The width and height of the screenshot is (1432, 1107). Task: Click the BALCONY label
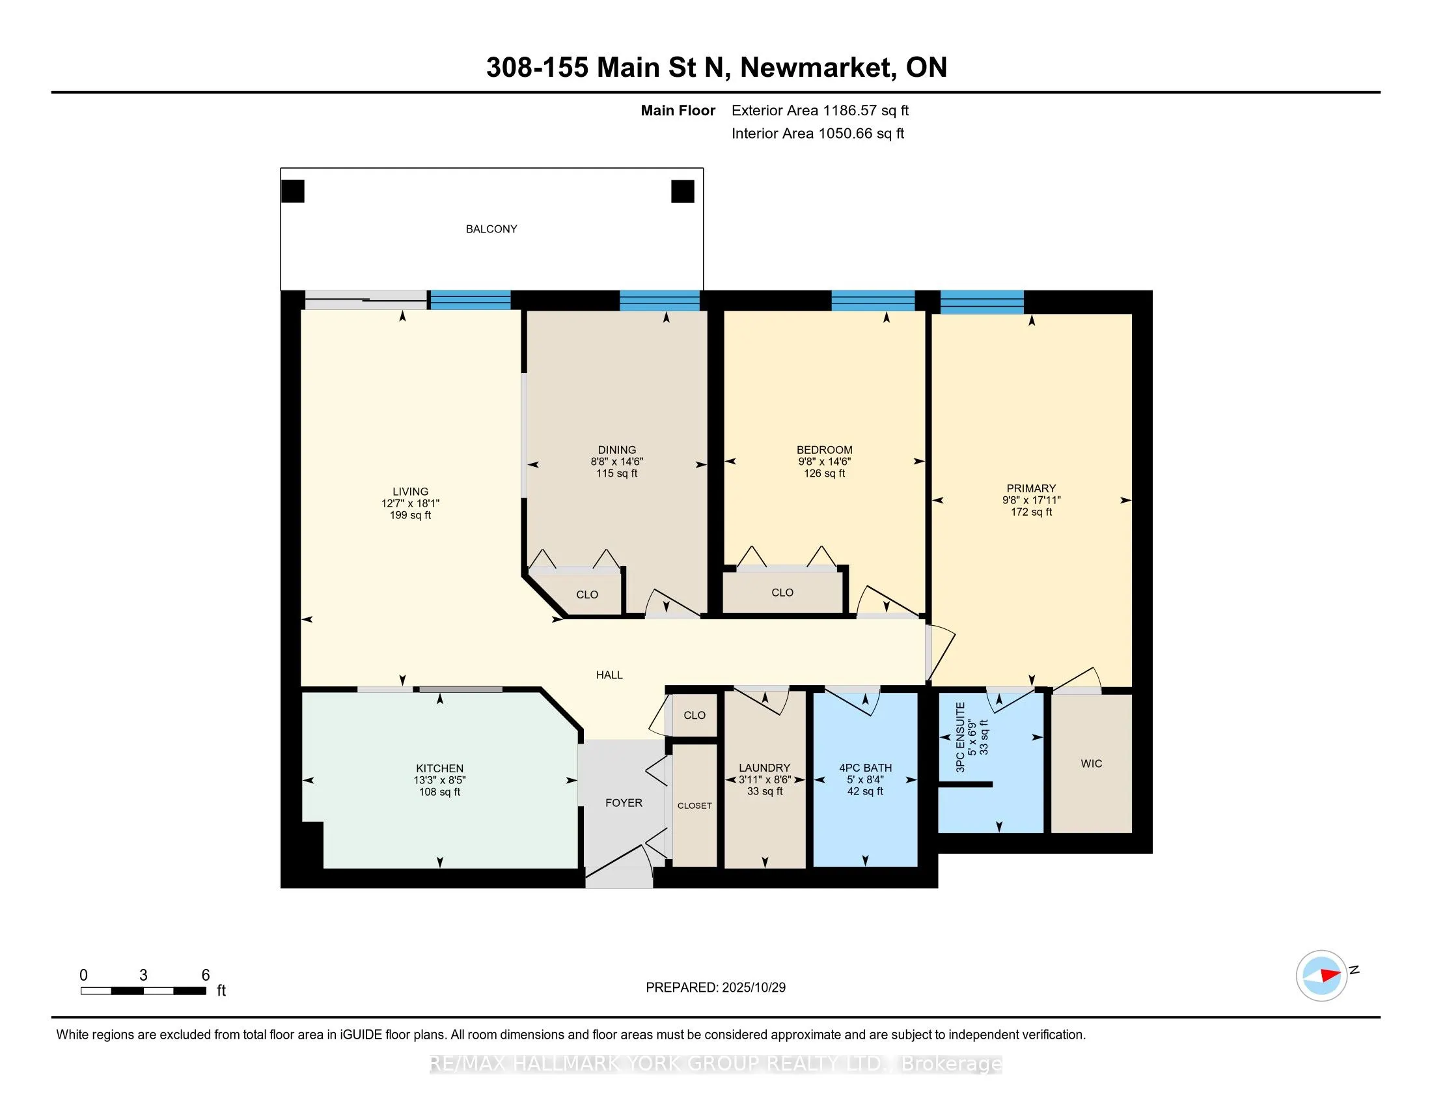click(x=491, y=229)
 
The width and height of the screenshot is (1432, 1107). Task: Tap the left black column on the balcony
click(x=292, y=191)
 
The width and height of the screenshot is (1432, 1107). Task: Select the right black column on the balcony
click(x=682, y=191)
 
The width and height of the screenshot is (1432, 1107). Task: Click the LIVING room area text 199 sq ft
click(x=411, y=516)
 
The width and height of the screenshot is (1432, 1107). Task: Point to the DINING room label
click(x=616, y=450)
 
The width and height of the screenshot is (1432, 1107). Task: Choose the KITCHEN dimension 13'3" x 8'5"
click(x=439, y=780)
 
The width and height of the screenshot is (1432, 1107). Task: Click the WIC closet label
click(x=1091, y=763)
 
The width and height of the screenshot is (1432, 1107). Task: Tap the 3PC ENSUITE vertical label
click(x=961, y=737)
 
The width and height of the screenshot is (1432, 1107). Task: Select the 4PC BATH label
click(x=865, y=768)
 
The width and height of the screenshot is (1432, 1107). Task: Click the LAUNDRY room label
click(x=764, y=768)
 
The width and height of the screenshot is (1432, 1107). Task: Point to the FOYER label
click(x=624, y=803)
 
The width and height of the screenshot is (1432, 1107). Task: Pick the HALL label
click(x=609, y=675)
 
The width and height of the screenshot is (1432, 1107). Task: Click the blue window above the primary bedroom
click(x=982, y=301)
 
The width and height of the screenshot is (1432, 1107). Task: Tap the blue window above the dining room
click(x=659, y=300)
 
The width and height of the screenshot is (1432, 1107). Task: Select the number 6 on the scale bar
click(x=205, y=975)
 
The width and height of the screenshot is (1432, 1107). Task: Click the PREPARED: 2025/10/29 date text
click(x=715, y=988)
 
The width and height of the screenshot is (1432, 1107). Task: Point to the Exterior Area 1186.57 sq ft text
click(x=819, y=111)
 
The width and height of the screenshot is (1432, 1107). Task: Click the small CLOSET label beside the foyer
click(x=695, y=806)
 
